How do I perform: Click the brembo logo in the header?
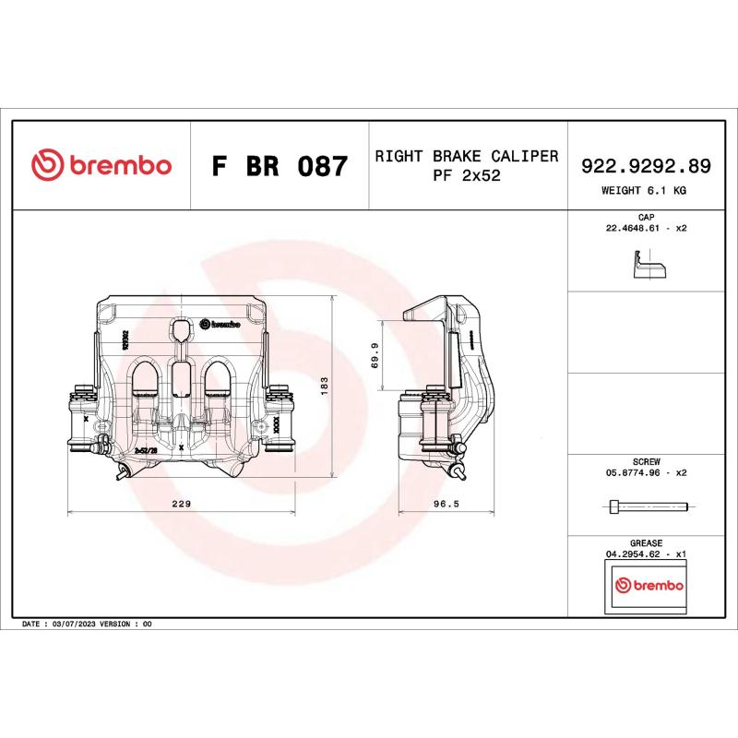point(101,166)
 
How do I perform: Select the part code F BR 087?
point(280,167)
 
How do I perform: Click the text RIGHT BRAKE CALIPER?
point(467,156)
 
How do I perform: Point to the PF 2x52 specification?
point(467,176)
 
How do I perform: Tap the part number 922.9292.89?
point(644,166)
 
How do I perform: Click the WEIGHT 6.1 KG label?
point(644,190)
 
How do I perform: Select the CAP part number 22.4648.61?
point(634,227)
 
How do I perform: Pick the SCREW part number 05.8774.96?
point(634,471)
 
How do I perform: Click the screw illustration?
point(649,506)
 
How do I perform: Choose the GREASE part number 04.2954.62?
point(634,553)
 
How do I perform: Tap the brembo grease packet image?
point(649,587)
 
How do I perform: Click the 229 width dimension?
point(182,504)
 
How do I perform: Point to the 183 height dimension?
point(324,386)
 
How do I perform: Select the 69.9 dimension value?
point(374,354)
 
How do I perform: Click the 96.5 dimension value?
point(446,504)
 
